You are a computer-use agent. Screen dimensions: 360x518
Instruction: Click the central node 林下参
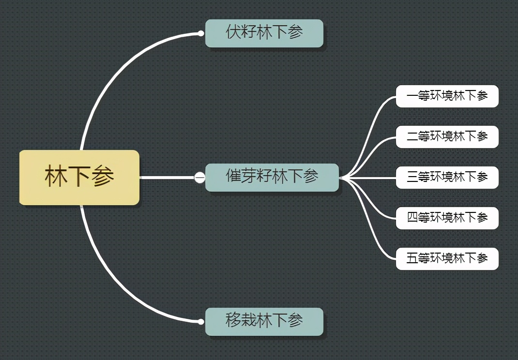(x=79, y=177)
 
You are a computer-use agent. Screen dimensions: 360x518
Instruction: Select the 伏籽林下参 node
(x=264, y=33)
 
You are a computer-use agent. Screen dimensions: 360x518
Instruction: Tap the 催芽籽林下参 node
(x=272, y=177)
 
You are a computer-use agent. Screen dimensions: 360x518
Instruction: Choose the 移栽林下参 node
(x=264, y=321)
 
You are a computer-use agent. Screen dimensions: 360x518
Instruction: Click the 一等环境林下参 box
(x=447, y=96)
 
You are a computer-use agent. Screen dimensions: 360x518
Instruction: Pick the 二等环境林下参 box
(x=447, y=136)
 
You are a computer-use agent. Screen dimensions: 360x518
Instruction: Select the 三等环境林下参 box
(x=447, y=177)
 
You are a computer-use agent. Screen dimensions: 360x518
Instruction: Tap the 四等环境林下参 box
(x=447, y=218)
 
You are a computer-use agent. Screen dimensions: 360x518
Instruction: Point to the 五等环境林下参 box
(x=447, y=258)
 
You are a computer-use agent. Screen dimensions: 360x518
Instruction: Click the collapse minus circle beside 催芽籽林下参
(x=199, y=178)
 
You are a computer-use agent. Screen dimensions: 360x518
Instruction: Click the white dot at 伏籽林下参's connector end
(x=200, y=33)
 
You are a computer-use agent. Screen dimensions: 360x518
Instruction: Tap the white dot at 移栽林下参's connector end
(x=200, y=321)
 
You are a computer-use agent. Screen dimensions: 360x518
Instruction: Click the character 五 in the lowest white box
(x=412, y=258)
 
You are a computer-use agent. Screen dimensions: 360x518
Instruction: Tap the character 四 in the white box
(x=412, y=218)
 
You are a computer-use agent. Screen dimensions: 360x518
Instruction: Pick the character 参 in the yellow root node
(x=103, y=177)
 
